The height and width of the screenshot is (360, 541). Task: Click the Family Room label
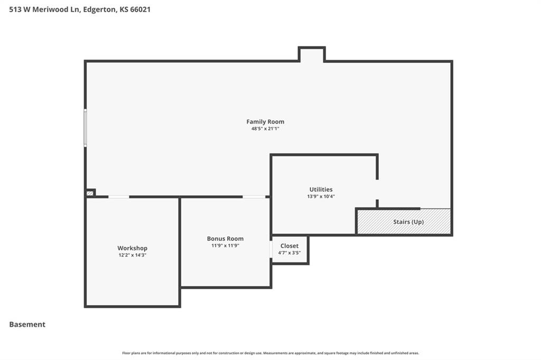(x=265, y=122)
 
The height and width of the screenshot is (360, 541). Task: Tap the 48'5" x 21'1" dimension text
(x=265, y=129)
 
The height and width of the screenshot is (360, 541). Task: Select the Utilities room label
(x=321, y=190)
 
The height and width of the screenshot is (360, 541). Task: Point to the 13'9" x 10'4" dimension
(x=321, y=196)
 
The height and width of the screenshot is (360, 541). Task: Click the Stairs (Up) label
(x=408, y=222)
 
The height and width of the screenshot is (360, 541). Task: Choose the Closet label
(x=289, y=246)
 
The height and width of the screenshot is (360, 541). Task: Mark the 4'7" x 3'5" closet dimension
(x=289, y=253)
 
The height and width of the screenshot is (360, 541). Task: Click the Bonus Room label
(x=225, y=239)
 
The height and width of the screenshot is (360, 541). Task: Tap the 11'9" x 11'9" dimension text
(x=225, y=245)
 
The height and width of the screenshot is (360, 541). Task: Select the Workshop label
(x=132, y=248)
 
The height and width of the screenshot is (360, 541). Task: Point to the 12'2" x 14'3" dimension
(x=133, y=255)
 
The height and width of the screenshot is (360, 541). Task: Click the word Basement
(x=27, y=325)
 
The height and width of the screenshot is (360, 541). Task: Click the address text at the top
(x=80, y=10)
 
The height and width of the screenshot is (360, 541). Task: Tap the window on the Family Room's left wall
(x=85, y=128)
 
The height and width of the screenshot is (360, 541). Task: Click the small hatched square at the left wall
(x=90, y=193)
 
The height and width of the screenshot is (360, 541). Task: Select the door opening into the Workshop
(x=119, y=197)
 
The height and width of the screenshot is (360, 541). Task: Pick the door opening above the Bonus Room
(x=254, y=197)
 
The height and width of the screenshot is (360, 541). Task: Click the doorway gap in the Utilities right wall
(x=377, y=190)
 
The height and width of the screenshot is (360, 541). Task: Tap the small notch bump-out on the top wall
(x=312, y=54)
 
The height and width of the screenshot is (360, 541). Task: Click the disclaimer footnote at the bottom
(x=270, y=353)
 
